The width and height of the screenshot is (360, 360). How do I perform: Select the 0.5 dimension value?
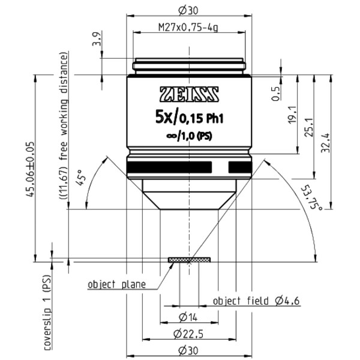(x=277, y=95)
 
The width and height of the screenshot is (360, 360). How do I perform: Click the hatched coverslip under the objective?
(x=190, y=260)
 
